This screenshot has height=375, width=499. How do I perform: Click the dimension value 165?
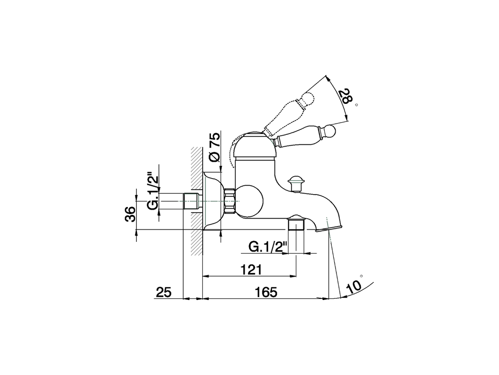[x=266, y=292]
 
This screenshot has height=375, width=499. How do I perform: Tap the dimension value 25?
[x=164, y=292]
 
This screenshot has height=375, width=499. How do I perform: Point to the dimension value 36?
[x=131, y=214]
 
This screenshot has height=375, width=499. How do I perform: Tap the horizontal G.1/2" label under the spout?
[x=267, y=247]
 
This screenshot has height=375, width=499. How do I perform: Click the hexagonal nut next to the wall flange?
[x=230, y=201]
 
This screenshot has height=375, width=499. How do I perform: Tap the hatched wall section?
[x=197, y=201]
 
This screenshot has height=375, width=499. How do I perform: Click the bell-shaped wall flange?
[x=213, y=201]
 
